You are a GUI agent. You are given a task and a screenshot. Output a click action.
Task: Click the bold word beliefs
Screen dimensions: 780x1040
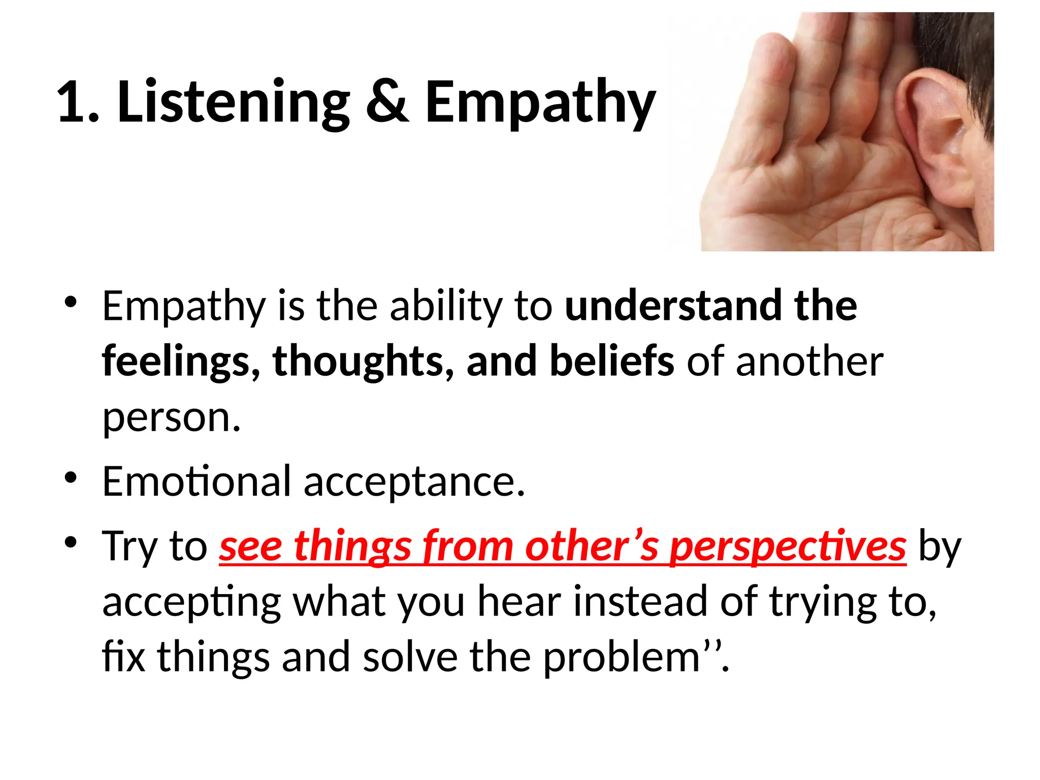pos(612,362)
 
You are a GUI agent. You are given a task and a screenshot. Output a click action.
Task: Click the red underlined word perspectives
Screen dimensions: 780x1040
pos(788,546)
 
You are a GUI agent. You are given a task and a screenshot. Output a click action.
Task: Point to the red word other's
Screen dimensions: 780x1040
pos(592,546)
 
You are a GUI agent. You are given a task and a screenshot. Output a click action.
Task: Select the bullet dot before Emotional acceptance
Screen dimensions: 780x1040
pos(71,478)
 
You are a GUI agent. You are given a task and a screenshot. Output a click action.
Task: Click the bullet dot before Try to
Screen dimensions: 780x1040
pos(71,542)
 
